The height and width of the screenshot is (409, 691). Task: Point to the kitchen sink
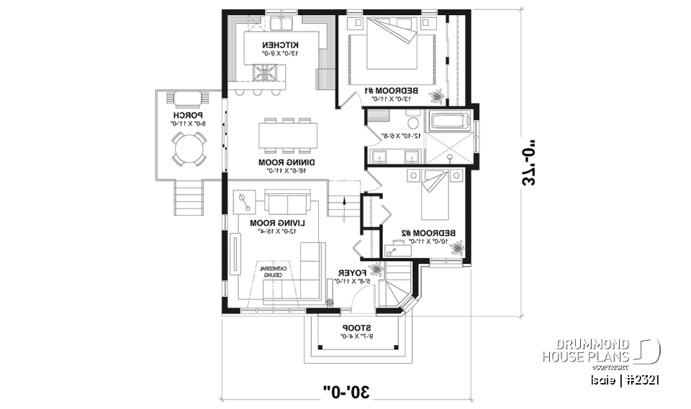tap(277, 26)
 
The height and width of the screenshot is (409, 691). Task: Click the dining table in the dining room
tap(288, 135)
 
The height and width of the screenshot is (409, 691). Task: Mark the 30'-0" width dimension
tap(345, 392)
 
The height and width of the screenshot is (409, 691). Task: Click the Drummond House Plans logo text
tap(586, 350)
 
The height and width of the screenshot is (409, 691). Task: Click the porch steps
tap(189, 197)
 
